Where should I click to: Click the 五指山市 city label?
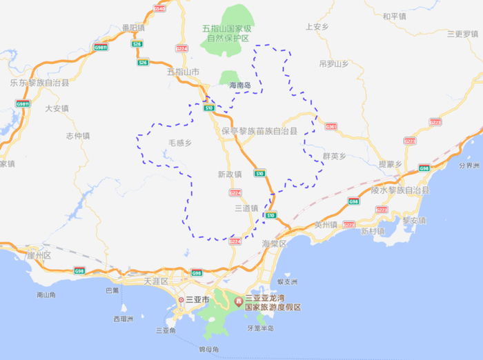click(x=183, y=72)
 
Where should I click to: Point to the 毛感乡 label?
click(x=179, y=143)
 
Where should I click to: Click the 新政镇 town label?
click(x=229, y=174)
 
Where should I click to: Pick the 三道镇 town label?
click(x=246, y=208)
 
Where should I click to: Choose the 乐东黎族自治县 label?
click(x=39, y=83)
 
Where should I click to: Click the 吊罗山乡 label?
click(x=334, y=63)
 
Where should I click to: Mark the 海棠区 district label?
click(x=274, y=243)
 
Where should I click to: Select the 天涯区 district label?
click(x=157, y=282)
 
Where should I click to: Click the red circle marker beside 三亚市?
click(x=181, y=301)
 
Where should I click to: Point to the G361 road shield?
click(x=331, y=127)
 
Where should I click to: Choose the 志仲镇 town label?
click(x=78, y=135)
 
